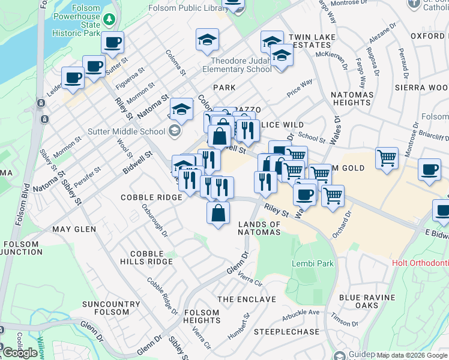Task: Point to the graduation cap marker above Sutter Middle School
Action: click(x=181, y=109)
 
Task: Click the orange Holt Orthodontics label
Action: click(x=420, y=263)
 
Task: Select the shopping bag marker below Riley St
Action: click(x=218, y=212)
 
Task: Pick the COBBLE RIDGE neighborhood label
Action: click(x=151, y=197)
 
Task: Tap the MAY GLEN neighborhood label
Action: click(x=74, y=229)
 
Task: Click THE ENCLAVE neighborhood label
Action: click(x=246, y=299)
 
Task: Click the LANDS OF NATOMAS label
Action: click(x=259, y=228)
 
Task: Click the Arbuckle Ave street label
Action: click(x=301, y=312)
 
